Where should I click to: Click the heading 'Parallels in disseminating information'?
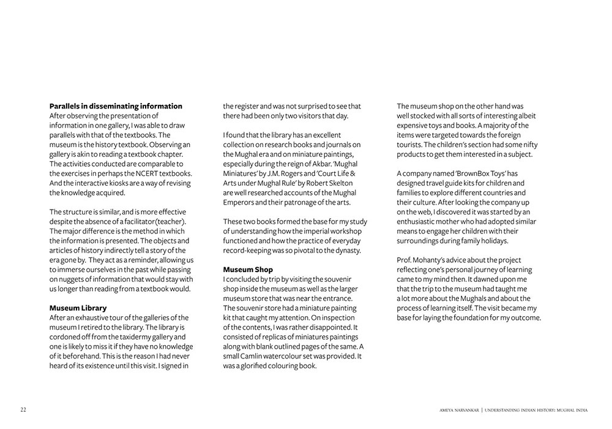[x=116, y=106]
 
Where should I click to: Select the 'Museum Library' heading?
[x=78, y=308]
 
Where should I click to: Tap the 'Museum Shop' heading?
[x=248, y=270]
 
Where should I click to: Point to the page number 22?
[x=23, y=409]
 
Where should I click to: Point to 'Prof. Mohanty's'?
[x=425, y=260]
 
